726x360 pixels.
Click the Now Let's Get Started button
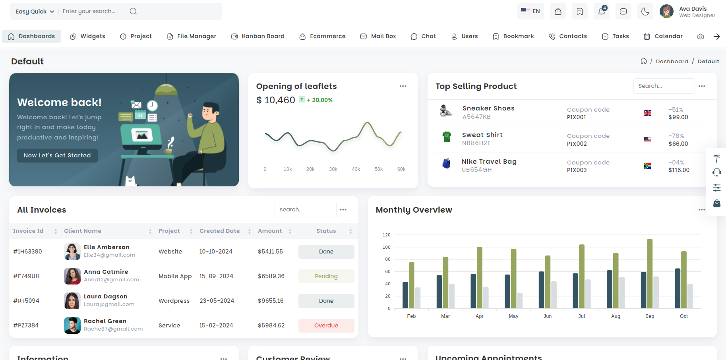click(57, 155)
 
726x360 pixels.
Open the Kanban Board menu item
click(258, 36)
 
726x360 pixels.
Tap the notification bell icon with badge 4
click(602, 12)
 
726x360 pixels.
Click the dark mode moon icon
click(645, 12)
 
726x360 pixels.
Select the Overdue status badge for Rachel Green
click(326, 325)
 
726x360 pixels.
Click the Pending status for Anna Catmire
click(326, 276)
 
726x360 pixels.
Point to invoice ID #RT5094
click(26, 301)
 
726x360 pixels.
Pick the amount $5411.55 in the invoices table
click(270, 252)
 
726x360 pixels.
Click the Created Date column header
click(220, 231)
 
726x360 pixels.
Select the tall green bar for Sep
click(650, 273)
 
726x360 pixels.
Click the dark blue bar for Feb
click(405, 295)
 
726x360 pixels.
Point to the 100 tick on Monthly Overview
click(386, 247)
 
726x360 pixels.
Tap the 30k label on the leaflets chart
click(333, 169)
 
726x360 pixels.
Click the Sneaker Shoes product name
click(488, 108)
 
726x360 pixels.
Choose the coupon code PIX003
click(577, 170)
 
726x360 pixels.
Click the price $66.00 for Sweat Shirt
click(678, 144)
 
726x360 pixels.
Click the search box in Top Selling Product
click(664, 86)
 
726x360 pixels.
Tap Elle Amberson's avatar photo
click(72, 252)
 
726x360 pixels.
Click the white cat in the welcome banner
click(130, 181)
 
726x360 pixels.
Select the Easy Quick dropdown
click(35, 12)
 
